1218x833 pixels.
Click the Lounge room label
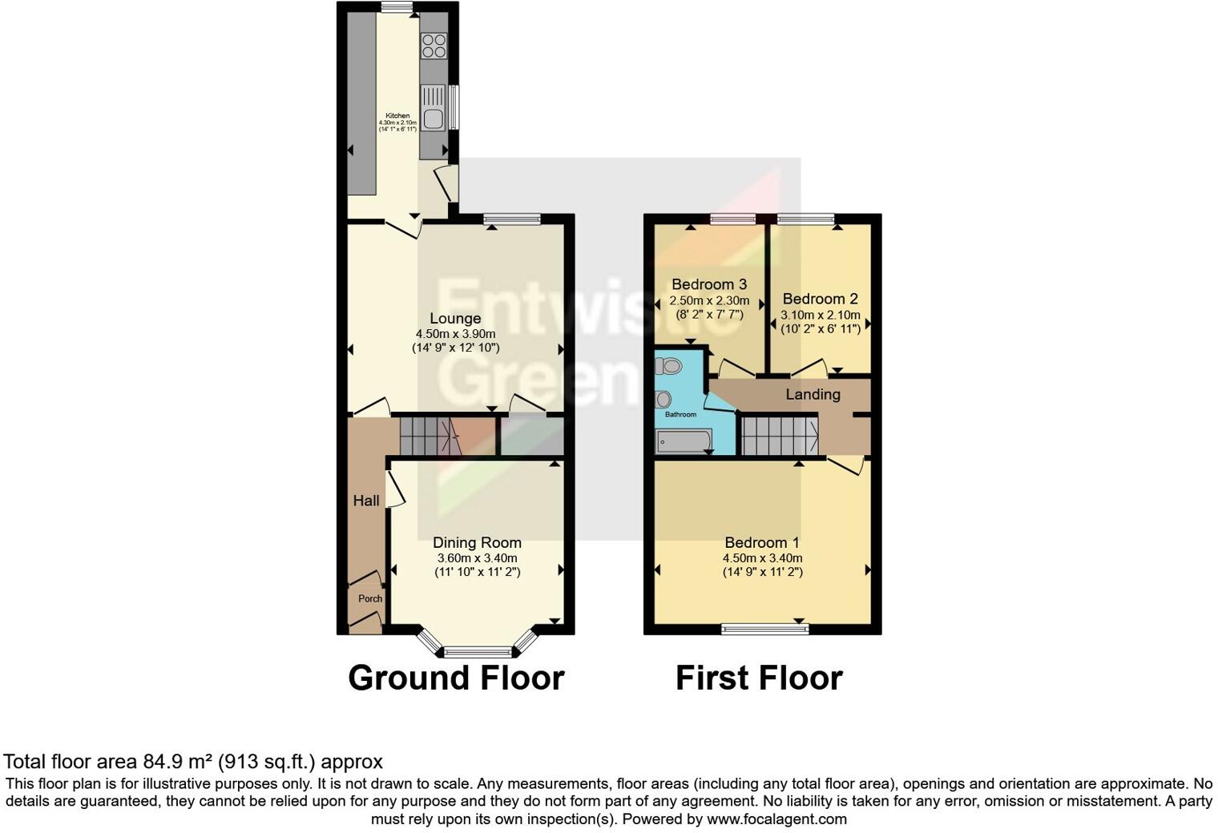pos(454,319)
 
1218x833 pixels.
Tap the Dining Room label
pos(477,542)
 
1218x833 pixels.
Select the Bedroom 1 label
pos(761,542)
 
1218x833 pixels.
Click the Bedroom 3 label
pos(709,284)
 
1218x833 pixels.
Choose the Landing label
pos(813,394)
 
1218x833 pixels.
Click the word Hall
pos(366,501)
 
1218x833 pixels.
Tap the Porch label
pos(370,598)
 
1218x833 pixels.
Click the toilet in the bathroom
pos(669,366)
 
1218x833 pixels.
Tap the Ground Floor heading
pos(456,678)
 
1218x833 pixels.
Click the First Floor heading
pos(758,678)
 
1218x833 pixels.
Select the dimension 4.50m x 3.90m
pos(455,334)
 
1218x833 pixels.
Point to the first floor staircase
pos(778,435)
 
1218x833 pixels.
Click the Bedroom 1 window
pos(764,630)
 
